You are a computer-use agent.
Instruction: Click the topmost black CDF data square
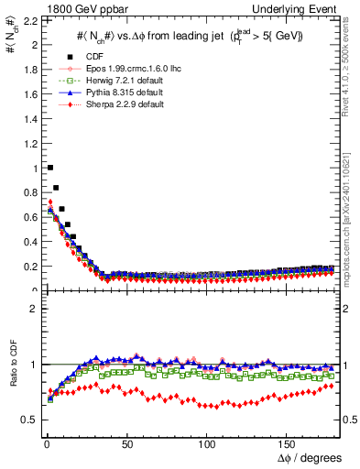[x=49, y=168]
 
